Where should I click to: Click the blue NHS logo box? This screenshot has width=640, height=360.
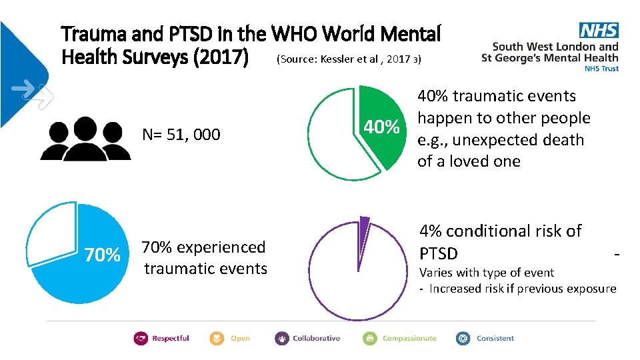coord(599,30)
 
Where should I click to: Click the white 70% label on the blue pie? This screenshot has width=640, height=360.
coord(102,255)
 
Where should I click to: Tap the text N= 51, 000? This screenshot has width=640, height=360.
coord(181,135)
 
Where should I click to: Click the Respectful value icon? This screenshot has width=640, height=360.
coord(141,339)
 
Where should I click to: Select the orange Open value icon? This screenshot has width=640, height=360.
coord(217,339)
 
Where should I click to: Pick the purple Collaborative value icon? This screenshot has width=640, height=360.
coord(281,339)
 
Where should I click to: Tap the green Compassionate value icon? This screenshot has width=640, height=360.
coord(370,339)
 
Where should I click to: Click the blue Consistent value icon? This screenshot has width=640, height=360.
coord(463,339)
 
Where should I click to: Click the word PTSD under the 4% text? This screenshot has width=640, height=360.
coord(438,254)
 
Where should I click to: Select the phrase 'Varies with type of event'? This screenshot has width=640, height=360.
coord(486,272)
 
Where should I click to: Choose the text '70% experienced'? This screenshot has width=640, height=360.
coord(203,247)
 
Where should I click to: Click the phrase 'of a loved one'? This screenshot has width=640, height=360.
coord(469,161)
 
